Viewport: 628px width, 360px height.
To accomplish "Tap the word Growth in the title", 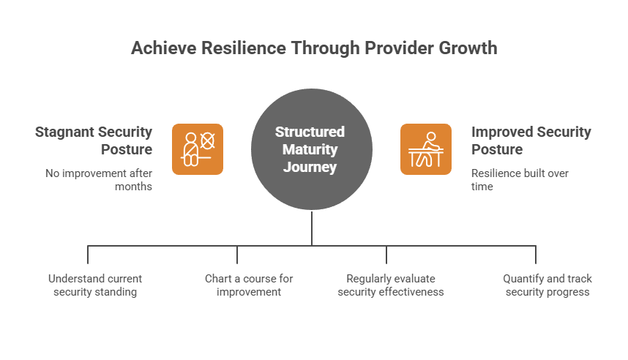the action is [x=468, y=48].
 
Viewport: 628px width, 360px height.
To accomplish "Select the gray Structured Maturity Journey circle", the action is [x=312, y=149].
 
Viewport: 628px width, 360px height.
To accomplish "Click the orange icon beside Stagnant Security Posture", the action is [x=198, y=149].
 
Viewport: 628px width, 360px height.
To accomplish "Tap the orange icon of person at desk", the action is [x=426, y=149].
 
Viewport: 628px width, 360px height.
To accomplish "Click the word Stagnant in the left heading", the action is [x=64, y=132].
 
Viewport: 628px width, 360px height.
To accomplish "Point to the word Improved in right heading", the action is [x=501, y=132].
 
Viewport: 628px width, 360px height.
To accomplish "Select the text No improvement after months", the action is [x=99, y=180].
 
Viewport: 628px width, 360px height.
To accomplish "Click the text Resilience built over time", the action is [x=520, y=180].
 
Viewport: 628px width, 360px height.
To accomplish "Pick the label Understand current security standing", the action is [x=95, y=285].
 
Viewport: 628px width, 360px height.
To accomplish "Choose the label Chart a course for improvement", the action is [x=249, y=285].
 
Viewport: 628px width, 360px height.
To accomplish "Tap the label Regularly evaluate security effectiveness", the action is [x=391, y=285].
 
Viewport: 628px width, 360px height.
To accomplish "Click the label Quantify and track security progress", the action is [x=547, y=285].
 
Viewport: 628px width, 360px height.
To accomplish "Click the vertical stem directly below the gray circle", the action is [x=312, y=228].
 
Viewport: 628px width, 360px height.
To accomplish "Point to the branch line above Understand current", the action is [x=88, y=255].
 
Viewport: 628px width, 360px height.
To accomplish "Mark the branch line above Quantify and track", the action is [x=536, y=255].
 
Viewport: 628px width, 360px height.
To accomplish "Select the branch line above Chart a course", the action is [x=237, y=255].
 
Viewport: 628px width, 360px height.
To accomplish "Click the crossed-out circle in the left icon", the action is [x=207, y=141].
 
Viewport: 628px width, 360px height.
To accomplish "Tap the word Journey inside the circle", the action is [x=310, y=167].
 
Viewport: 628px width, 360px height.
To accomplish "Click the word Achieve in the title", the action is [x=164, y=48].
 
